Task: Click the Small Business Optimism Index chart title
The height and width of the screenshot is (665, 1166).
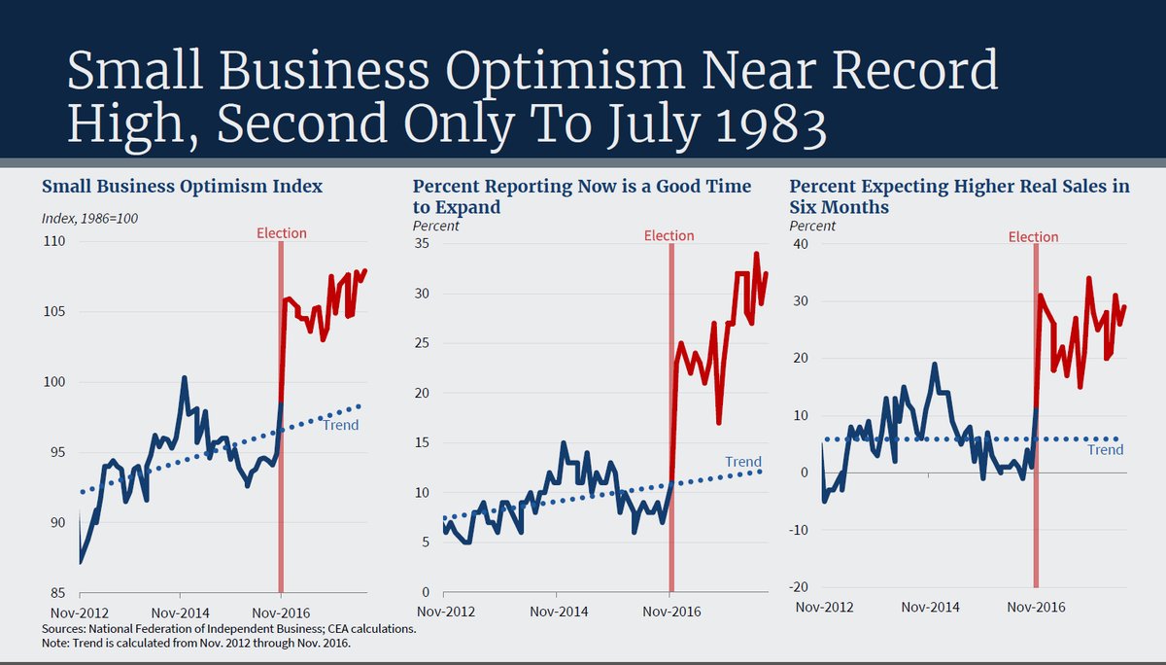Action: coord(182,186)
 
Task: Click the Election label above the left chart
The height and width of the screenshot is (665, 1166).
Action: coord(281,233)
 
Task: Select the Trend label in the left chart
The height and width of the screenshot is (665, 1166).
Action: coord(340,425)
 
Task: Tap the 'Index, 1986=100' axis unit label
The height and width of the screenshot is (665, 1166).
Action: coord(88,218)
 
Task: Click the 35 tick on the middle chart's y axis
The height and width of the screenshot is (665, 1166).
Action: coord(422,243)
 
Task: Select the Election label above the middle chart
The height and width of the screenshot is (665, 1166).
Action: coord(669,235)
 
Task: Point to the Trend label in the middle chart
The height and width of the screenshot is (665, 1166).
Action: coord(743,462)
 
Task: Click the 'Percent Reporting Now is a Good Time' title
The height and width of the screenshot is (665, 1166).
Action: coord(582,186)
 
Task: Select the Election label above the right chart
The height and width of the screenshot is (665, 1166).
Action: coord(1033,237)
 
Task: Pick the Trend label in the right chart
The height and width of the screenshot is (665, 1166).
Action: coord(1105,450)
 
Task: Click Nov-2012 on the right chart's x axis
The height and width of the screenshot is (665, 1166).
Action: coord(824,607)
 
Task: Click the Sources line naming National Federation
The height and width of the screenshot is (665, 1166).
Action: coord(228,629)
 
